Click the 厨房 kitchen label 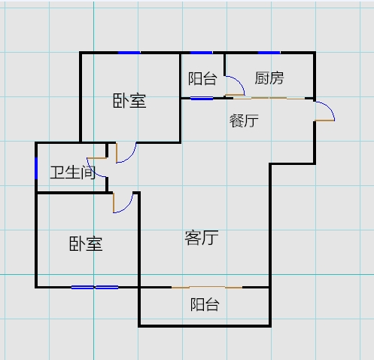[x=269, y=78]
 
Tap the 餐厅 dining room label [x=244, y=121]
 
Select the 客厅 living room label [x=202, y=237]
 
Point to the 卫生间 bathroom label [x=73, y=172]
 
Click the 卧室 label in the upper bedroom [x=129, y=101]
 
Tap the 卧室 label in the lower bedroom [x=86, y=243]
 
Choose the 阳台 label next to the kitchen [x=202, y=78]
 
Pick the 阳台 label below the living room [x=205, y=304]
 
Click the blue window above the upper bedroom [x=129, y=53]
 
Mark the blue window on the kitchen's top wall [x=269, y=53]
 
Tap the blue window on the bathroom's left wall [x=36, y=168]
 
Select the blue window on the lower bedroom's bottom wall [x=95, y=287]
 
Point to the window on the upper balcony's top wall [x=201, y=53]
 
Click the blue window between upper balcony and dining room [x=202, y=99]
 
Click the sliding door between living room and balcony [x=207, y=287]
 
